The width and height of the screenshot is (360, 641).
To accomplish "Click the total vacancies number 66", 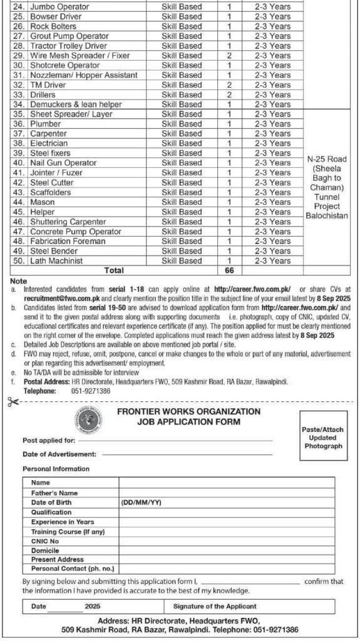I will [x=229, y=270].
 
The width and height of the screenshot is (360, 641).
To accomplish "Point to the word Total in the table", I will [x=114, y=270].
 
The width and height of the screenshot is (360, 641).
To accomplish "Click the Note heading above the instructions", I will [x=19, y=282].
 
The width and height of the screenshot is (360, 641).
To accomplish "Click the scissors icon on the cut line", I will [x=13, y=403].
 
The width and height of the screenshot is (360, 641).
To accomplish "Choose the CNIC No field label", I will [x=45, y=540].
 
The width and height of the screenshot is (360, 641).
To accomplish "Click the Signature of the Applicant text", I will [x=215, y=606].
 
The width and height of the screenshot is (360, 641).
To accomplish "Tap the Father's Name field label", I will [x=54, y=493].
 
